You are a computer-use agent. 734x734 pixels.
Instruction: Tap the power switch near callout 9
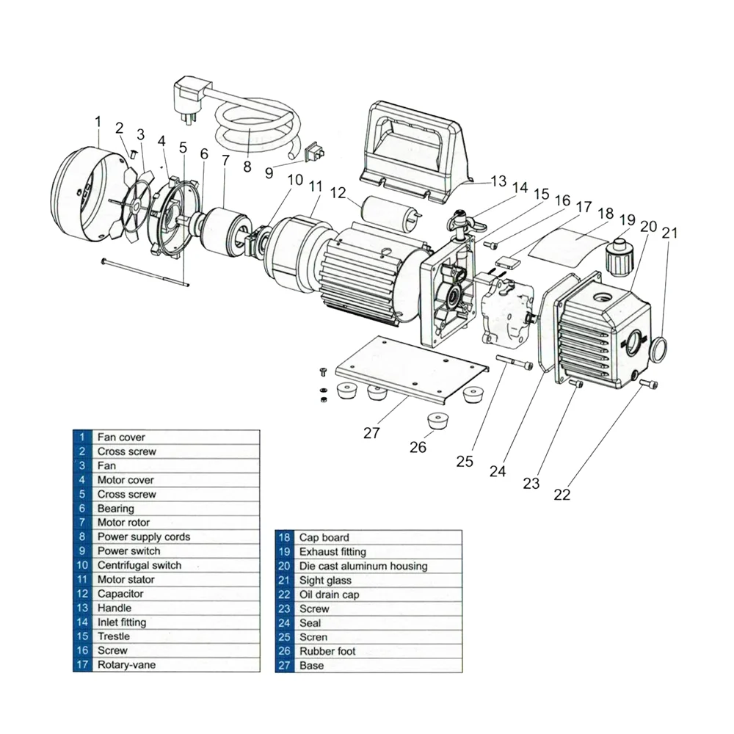click(315, 153)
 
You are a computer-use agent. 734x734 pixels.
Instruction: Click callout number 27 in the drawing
click(372, 433)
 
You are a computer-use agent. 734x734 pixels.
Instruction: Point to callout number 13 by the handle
click(498, 181)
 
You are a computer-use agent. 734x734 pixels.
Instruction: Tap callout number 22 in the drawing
click(562, 494)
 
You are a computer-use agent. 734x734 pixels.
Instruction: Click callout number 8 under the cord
click(247, 167)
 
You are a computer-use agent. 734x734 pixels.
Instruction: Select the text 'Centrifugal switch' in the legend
click(139, 565)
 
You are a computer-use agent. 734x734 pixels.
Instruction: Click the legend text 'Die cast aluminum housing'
click(363, 566)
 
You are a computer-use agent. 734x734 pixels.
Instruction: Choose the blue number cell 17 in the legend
click(82, 665)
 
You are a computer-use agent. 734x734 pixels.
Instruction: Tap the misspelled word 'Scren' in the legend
click(313, 637)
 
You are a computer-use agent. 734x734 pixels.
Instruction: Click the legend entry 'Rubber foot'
click(327, 651)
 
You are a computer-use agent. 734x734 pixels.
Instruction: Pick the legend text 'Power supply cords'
click(143, 537)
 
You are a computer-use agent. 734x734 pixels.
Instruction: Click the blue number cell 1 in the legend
click(82, 437)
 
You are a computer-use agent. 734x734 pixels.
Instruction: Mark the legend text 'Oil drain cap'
click(330, 595)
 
